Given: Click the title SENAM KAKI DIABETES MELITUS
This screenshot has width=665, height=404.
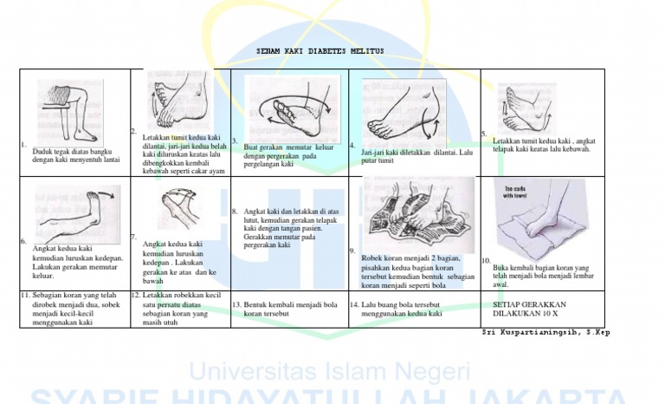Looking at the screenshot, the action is point(320,52).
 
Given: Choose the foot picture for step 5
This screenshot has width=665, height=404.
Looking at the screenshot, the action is point(528,108).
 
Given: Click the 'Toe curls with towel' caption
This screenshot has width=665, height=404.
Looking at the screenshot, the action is point(516,192).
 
